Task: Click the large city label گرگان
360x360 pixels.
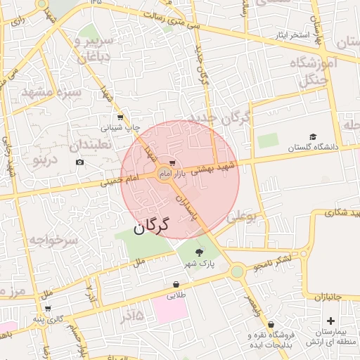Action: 151,226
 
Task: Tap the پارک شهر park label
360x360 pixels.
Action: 199,264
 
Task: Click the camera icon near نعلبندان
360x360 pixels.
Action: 79,162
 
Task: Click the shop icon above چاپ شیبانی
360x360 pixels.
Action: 121,117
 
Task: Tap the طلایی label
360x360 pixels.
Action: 176,296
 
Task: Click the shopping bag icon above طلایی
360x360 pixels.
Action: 176,285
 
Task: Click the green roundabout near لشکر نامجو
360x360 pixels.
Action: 237,271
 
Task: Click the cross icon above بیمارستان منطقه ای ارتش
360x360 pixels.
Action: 331,321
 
